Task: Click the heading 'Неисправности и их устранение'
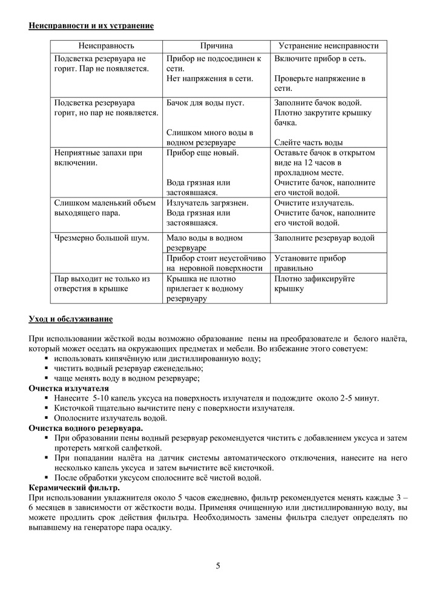coord(91,25)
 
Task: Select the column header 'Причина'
coord(216,46)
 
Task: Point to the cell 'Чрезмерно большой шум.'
coord(101,238)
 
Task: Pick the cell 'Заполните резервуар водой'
coord(324,238)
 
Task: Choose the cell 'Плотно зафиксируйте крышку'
coord(314,284)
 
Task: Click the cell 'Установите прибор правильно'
coord(310,263)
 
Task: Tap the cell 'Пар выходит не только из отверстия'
coord(102,284)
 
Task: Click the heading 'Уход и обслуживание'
coord(70,319)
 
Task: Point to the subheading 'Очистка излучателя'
coord(69,388)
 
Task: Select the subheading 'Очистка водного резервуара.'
coord(86,428)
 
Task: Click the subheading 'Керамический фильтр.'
coord(74,488)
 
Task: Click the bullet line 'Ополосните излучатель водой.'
coord(110,418)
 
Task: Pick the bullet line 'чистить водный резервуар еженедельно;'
coord(128,368)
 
